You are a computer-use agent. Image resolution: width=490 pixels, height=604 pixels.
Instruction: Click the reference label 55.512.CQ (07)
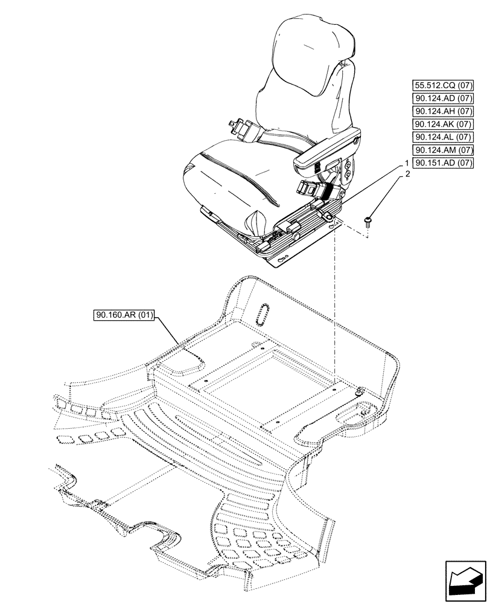(443, 85)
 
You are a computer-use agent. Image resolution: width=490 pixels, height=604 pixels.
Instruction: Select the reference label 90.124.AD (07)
(443, 98)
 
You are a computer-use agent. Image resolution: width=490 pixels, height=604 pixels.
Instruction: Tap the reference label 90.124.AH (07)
(443, 111)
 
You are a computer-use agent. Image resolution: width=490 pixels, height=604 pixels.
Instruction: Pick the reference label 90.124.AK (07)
(443, 124)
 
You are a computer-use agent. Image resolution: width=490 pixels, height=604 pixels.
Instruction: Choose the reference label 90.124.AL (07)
(443, 137)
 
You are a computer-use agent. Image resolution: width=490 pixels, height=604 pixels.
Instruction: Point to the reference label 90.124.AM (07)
(443, 150)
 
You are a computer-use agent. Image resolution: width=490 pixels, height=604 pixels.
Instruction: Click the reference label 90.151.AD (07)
(443, 163)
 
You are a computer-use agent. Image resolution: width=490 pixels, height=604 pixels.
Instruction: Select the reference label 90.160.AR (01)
(125, 315)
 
